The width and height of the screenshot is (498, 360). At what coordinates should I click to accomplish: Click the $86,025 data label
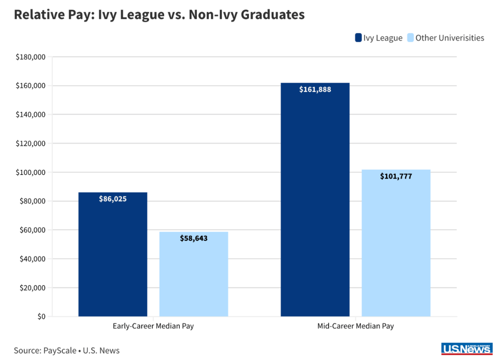point(113,199)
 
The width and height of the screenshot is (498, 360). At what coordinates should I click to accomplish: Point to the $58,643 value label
point(194,239)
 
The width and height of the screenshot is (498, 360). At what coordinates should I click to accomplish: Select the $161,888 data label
point(315,90)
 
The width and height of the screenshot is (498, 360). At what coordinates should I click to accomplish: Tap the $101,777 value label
point(396,176)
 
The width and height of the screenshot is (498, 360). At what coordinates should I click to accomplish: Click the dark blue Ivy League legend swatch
point(358,38)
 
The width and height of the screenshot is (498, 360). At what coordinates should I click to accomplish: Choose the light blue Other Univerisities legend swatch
point(410,38)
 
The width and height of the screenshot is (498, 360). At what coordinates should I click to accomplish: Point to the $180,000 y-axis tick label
point(30,57)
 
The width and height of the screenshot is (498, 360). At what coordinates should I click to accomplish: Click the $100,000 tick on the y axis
point(30,173)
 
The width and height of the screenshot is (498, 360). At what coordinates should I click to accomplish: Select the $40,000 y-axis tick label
point(32,259)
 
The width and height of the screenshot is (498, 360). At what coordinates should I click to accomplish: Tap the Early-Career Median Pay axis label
point(153,326)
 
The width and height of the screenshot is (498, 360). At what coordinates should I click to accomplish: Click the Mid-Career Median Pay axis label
point(356,326)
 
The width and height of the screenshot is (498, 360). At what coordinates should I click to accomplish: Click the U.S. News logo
point(467,349)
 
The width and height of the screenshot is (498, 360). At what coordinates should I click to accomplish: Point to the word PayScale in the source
point(60,351)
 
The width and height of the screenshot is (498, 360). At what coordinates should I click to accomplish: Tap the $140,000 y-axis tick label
point(30,115)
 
